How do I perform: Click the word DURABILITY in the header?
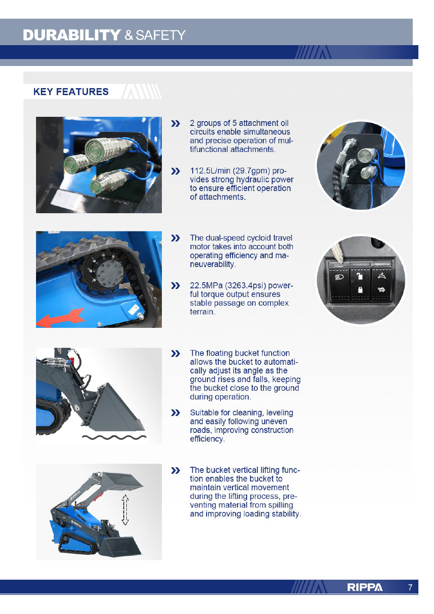72,35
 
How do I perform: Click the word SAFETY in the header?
161,35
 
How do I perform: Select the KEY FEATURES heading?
71,92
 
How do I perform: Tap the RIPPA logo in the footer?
365,588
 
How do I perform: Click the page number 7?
410,588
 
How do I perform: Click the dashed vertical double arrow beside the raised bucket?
125,510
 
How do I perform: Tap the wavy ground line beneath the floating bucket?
114,437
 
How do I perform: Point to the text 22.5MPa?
206,285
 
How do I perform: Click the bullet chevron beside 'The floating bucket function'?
175,353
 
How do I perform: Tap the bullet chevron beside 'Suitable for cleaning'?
175,413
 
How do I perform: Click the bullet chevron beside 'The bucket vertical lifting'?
175,470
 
